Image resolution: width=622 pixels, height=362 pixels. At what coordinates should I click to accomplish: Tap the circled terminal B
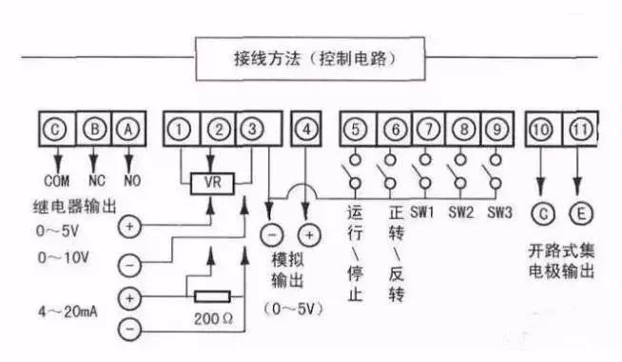[93, 127]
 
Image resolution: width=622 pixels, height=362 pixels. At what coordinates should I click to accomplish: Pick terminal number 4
[305, 127]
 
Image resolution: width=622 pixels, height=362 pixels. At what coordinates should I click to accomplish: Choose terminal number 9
[494, 127]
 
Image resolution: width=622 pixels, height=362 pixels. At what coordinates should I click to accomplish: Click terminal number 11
[580, 127]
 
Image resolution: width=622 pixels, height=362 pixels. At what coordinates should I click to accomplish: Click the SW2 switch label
[461, 211]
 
